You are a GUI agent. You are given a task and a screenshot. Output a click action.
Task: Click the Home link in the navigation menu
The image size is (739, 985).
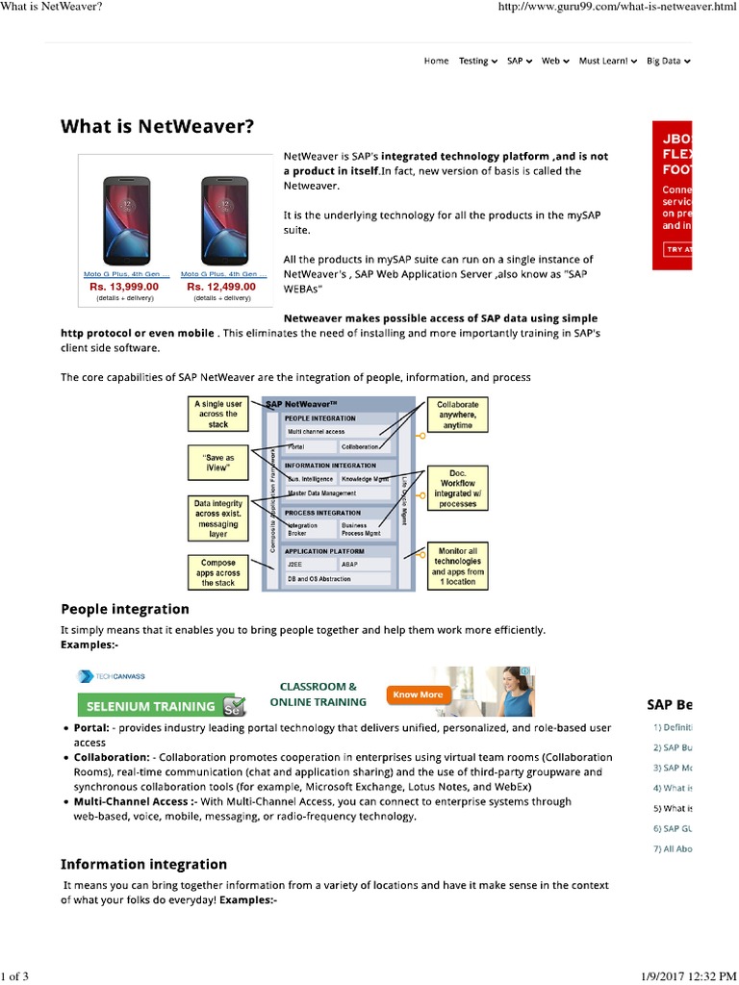point(436,61)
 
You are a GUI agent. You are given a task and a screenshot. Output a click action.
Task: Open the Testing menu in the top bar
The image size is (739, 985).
point(477,61)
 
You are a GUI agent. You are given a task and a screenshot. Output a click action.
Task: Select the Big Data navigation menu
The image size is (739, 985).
point(668,61)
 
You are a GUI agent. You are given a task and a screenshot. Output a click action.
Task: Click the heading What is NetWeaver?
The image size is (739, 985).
point(158,125)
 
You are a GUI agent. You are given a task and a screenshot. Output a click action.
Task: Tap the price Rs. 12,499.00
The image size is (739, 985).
point(220,287)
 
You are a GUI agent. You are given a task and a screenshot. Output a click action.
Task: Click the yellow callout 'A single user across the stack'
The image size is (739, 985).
point(218,415)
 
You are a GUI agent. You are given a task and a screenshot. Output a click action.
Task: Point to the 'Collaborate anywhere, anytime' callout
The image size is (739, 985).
point(458,415)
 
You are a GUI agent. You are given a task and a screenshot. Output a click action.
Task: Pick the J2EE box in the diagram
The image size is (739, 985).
point(310,565)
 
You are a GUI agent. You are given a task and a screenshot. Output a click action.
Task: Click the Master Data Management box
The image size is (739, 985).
point(337,493)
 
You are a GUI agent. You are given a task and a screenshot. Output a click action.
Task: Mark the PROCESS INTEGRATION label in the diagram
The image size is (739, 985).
point(321,513)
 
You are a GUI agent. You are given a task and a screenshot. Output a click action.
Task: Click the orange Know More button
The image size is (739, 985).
point(419,694)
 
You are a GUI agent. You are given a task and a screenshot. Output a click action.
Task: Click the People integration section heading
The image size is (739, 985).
point(125,609)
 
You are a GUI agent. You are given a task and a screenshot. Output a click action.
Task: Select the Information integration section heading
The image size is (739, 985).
point(144,864)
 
